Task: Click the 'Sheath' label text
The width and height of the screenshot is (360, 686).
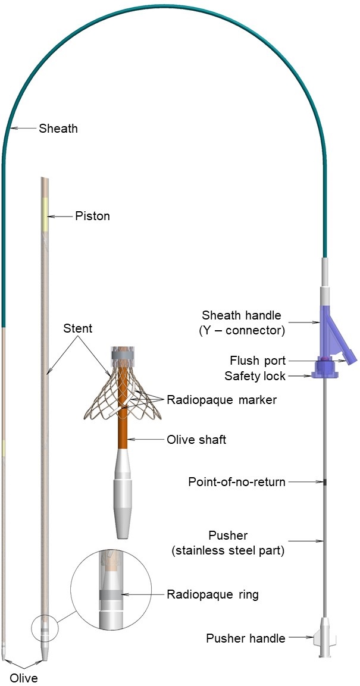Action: coord(58,128)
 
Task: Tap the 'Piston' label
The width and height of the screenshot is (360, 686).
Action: coord(92,216)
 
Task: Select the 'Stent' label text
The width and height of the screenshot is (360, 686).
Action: coord(80,327)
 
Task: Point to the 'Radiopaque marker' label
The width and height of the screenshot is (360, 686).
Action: coord(221,400)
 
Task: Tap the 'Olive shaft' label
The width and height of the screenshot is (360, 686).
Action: coord(196,440)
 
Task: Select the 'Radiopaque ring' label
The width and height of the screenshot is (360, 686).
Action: coord(212,594)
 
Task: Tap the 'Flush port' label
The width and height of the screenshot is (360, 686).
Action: coord(258,361)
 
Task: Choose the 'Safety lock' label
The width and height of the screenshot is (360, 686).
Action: coord(255,376)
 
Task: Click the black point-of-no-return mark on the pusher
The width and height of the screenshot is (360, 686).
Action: coord(324,481)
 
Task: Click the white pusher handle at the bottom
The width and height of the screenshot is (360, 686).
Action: coord(324,640)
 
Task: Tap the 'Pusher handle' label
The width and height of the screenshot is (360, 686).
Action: coord(245,638)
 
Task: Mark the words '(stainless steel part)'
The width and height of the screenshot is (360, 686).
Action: coord(228,550)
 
